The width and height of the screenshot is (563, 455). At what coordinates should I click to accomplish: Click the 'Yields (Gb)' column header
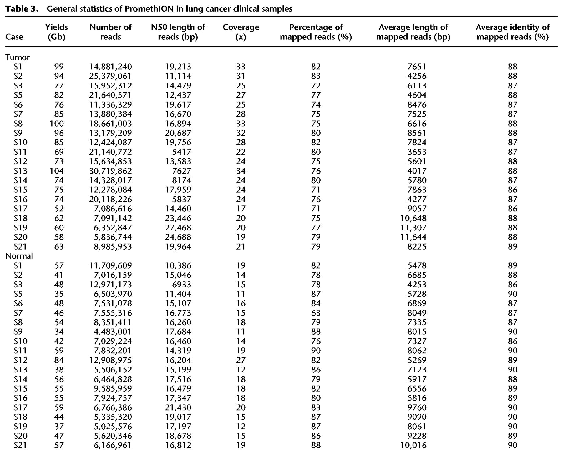pos(57,32)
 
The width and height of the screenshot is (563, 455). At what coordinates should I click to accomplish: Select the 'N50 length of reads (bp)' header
pos(178,32)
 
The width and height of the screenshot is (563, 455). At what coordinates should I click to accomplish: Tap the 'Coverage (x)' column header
pos(241,32)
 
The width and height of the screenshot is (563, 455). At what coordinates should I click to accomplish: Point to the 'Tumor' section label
pos(18,57)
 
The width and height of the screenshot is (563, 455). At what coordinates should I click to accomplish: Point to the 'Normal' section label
pos(19,256)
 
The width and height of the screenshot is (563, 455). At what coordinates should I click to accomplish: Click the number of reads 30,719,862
pos(110,171)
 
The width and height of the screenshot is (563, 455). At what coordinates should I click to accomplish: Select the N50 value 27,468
pos(178,227)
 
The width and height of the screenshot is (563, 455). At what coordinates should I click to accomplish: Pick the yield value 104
pos(57,171)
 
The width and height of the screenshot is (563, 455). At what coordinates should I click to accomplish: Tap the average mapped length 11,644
pos(413,237)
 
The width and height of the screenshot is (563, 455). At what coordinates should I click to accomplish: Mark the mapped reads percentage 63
pos(316,313)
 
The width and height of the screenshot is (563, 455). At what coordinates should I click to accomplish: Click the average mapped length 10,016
pos(413,445)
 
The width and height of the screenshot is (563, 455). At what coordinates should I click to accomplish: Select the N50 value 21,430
pos(178,407)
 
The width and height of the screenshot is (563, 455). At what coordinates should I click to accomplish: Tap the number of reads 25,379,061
pos(110,76)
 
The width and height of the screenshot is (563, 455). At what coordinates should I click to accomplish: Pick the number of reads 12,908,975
pos(110,360)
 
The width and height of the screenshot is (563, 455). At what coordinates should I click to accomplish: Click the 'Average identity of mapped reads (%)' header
pos(512,32)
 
